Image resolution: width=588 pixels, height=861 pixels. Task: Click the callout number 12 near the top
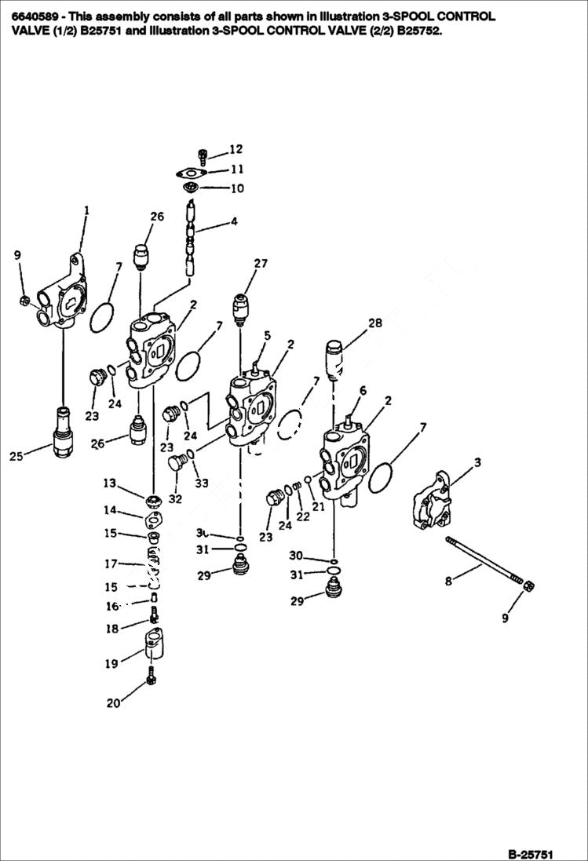coord(236,149)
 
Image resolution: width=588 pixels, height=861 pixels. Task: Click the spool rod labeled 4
coord(191,235)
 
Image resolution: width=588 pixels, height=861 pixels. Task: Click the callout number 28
coord(375,323)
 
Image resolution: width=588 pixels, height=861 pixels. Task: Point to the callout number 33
coord(202,483)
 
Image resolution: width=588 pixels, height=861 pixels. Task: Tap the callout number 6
coord(363,391)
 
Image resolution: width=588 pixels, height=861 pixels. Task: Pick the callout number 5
coord(267,336)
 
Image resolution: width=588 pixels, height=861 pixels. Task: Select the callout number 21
coord(318,507)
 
